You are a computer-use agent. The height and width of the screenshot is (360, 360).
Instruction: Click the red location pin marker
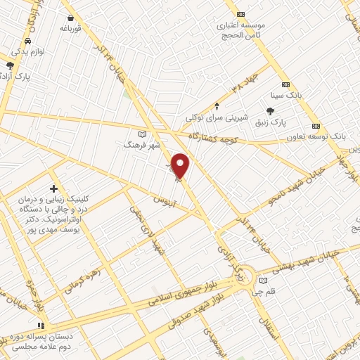pyautogui.click(x=181, y=166)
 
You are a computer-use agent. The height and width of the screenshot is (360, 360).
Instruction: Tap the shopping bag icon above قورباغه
pyautogui.click(x=71, y=18)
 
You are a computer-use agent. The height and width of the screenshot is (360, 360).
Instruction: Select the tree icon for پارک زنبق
pyautogui.click(x=270, y=110)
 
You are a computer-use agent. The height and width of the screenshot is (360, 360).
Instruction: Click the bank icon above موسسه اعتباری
pyautogui.click(x=241, y=13)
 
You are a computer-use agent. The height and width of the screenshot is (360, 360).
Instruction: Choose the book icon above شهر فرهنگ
pyautogui.click(x=143, y=134)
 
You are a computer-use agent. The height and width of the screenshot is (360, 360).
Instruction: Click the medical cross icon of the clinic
pyautogui.click(x=54, y=188)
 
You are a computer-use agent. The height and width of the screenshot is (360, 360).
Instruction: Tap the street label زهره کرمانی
pyautogui.click(x=81, y=280)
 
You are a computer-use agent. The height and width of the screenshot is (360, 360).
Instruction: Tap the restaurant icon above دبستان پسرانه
pyautogui.click(x=41, y=326)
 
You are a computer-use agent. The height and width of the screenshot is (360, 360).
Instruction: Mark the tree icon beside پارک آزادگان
pyautogui.click(x=10, y=65)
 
